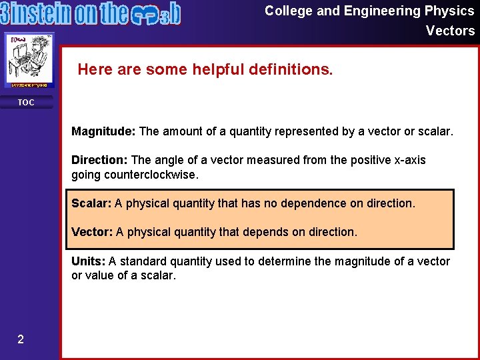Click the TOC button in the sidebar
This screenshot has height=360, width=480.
pyautogui.click(x=25, y=103)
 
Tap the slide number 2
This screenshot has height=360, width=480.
pyautogui.click(x=21, y=340)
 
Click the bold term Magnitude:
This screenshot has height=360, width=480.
pyautogui.click(x=103, y=132)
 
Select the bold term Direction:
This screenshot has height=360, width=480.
pyautogui.click(x=100, y=160)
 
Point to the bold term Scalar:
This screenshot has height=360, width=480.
pyautogui.click(x=91, y=203)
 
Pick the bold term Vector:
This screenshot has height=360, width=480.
pyautogui.click(x=92, y=232)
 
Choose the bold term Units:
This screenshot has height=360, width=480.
pyautogui.click(x=89, y=261)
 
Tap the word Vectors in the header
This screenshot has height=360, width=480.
pyautogui.click(x=450, y=31)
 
